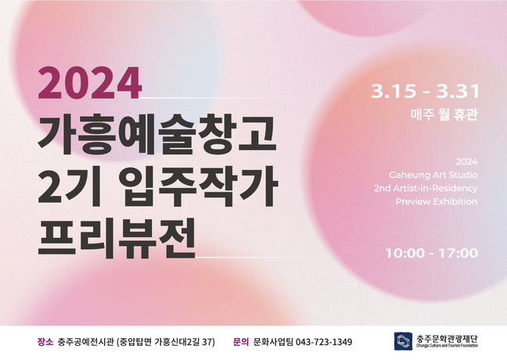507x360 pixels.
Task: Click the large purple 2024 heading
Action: click(x=89, y=83)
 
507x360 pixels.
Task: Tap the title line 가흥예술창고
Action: click(x=156, y=135)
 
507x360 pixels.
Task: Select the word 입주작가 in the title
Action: click(x=198, y=186)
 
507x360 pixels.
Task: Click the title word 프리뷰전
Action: click(x=117, y=238)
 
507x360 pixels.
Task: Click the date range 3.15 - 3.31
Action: click(x=425, y=92)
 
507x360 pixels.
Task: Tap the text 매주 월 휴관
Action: click(x=444, y=115)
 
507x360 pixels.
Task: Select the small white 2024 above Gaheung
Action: click(x=466, y=161)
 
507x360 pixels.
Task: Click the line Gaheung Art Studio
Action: click(x=433, y=175)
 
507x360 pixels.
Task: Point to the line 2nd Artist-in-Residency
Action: click(x=426, y=189)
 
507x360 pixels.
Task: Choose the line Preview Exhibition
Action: click(x=436, y=201)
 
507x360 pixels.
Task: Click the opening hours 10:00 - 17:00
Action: click(x=432, y=253)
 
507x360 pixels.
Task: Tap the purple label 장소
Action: click(x=45, y=342)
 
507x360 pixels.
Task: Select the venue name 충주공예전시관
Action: click(x=86, y=342)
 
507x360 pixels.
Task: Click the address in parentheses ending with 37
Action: click(x=166, y=342)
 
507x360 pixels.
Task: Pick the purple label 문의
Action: click(x=241, y=342)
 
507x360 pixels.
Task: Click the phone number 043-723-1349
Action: click(x=324, y=342)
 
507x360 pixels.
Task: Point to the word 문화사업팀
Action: click(x=273, y=342)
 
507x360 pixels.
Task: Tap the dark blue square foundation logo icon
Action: click(x=403, y=341)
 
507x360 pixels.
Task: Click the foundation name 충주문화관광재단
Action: click(x=448, y=340)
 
